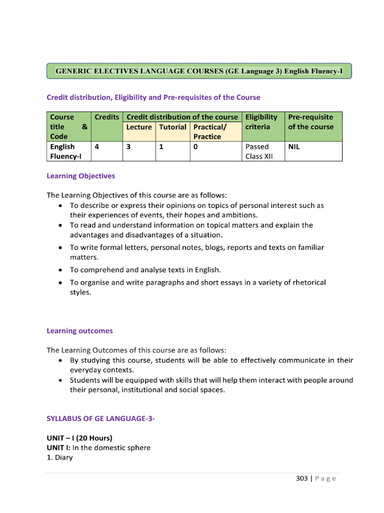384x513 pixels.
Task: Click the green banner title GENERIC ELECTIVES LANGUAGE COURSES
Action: tap(199, 71)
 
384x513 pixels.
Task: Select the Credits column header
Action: tap(107, 117)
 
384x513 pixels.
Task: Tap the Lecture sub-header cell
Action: tap(139, 127)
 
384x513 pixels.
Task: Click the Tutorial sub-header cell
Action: tap(172, 127)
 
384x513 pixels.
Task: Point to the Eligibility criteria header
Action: tap(261, 122)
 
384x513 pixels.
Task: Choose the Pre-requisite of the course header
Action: tap(310, 122)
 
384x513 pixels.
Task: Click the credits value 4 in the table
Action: tap(96, 147)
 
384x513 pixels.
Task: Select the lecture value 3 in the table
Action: tap(128, 147)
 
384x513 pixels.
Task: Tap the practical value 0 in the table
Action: tap(196, 147)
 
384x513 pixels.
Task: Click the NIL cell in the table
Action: tap(294, 147)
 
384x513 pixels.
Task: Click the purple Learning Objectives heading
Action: tap(80, 176)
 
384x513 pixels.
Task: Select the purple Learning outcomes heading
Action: tap(79, 331)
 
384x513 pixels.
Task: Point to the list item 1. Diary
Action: tap(59, 457)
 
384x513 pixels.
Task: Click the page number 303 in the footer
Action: tap(302, 478)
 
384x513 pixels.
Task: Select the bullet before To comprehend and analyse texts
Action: tap(60, 270)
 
